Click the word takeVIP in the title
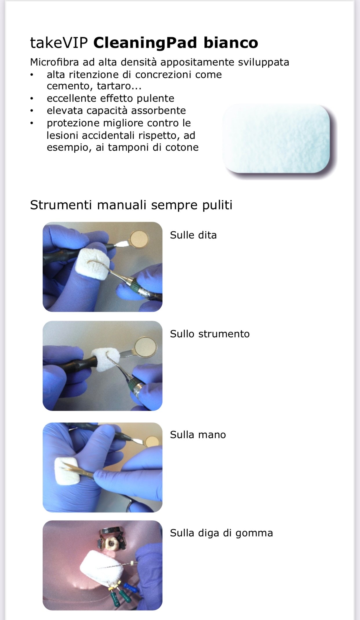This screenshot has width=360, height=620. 59,43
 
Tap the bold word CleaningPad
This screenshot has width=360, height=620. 145,43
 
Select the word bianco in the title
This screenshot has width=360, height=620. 231,43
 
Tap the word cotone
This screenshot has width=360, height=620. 182,147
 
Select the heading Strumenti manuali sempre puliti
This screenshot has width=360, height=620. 131,205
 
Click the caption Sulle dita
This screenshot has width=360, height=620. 193,235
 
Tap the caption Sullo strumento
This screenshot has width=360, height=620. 210,334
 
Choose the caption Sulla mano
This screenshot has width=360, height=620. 198,435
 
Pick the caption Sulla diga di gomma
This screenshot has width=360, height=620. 221,533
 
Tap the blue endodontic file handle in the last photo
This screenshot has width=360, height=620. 130,587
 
